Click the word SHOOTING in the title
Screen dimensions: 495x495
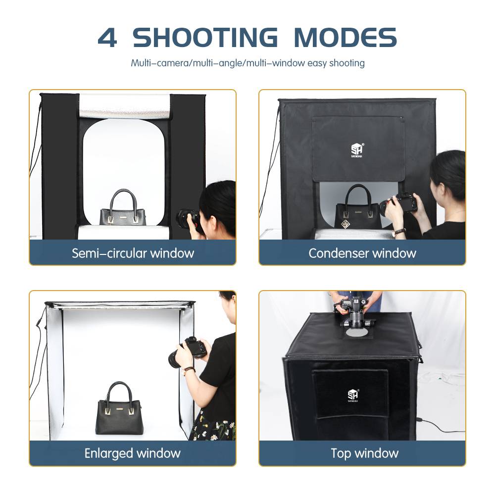(205, 38)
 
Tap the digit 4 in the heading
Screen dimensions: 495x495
(107, 38)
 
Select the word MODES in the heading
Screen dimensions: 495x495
(345, 38)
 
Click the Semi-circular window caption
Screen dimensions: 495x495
(133, 253)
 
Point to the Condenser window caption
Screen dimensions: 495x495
(362, 253)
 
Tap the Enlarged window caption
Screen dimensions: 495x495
(132, 453)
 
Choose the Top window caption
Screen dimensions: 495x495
(365, 453)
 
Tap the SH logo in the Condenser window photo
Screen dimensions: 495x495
(357, 150)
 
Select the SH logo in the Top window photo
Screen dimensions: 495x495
(353, 395)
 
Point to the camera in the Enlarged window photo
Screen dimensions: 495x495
(188, 352)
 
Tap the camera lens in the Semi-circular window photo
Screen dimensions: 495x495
(184, 218)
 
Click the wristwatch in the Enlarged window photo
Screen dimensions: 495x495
(188, 370)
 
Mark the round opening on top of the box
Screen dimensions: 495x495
(357, 332)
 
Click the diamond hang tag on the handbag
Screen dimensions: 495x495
(345, 224)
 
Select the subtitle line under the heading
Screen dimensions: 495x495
(248, 63)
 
